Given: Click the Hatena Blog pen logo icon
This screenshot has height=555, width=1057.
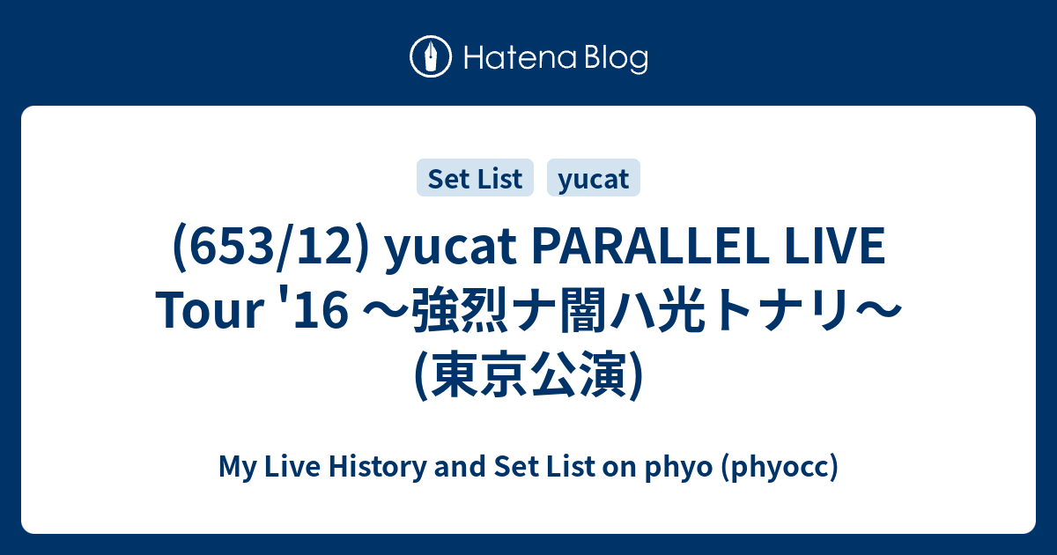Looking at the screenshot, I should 432,57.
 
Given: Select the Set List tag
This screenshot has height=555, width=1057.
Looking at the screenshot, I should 475,179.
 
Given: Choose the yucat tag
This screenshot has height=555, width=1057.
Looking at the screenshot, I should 593,179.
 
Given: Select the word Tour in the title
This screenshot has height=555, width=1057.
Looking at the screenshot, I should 203,312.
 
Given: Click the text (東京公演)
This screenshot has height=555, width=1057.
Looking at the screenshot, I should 528,374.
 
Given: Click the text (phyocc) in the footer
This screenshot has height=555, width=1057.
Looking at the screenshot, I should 779,467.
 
